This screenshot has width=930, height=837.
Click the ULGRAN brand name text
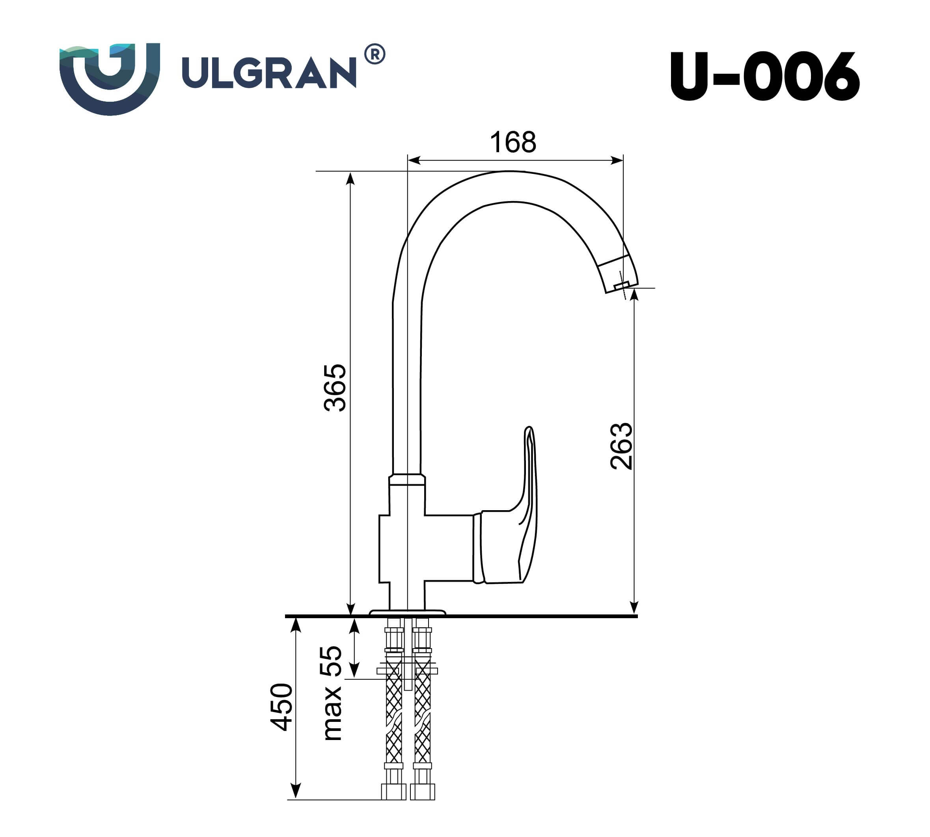coord(269,73)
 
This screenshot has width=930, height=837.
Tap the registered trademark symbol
coord(375,54)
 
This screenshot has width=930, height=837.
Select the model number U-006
coord(764,77)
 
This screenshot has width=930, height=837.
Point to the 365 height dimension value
coord(335,388)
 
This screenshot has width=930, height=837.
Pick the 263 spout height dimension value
coord(621,446)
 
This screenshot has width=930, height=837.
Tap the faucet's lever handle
coord(529,506)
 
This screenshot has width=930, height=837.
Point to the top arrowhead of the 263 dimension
coord(634,295)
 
